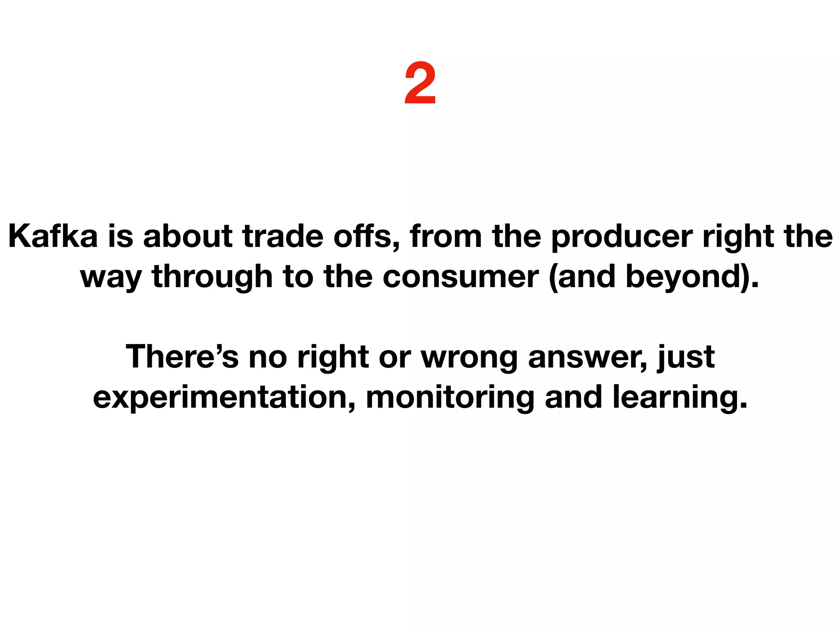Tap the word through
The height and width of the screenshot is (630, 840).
[212, 277]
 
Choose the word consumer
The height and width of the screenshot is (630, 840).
[461, 277]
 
